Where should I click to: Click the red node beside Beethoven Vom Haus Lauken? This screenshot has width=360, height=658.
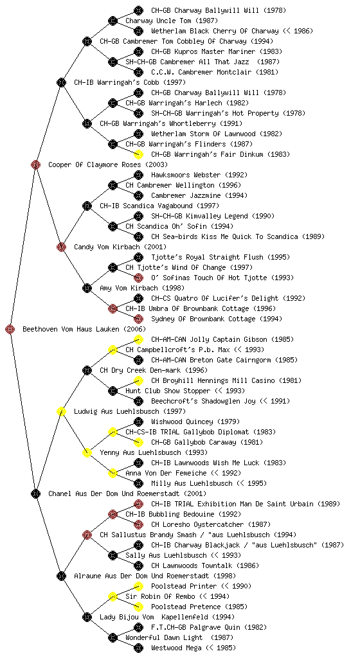pos(10,329)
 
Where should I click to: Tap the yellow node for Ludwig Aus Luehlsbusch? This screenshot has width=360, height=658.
pos(61,411)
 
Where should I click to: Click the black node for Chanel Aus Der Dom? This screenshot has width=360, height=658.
pos(35,493)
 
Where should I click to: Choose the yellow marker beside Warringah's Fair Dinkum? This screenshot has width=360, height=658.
pos(138,154)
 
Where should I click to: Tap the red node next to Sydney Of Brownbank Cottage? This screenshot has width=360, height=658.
pos(138,319)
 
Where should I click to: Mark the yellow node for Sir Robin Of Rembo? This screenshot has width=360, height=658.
pos(113,596)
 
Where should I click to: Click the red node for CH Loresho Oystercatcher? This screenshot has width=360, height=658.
pos(138,524)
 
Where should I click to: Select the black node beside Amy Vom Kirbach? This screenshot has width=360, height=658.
pos(87,288)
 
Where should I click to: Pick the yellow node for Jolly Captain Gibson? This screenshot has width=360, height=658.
pos(138,339)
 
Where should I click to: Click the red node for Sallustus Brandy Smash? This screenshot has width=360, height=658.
pos(87,535)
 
